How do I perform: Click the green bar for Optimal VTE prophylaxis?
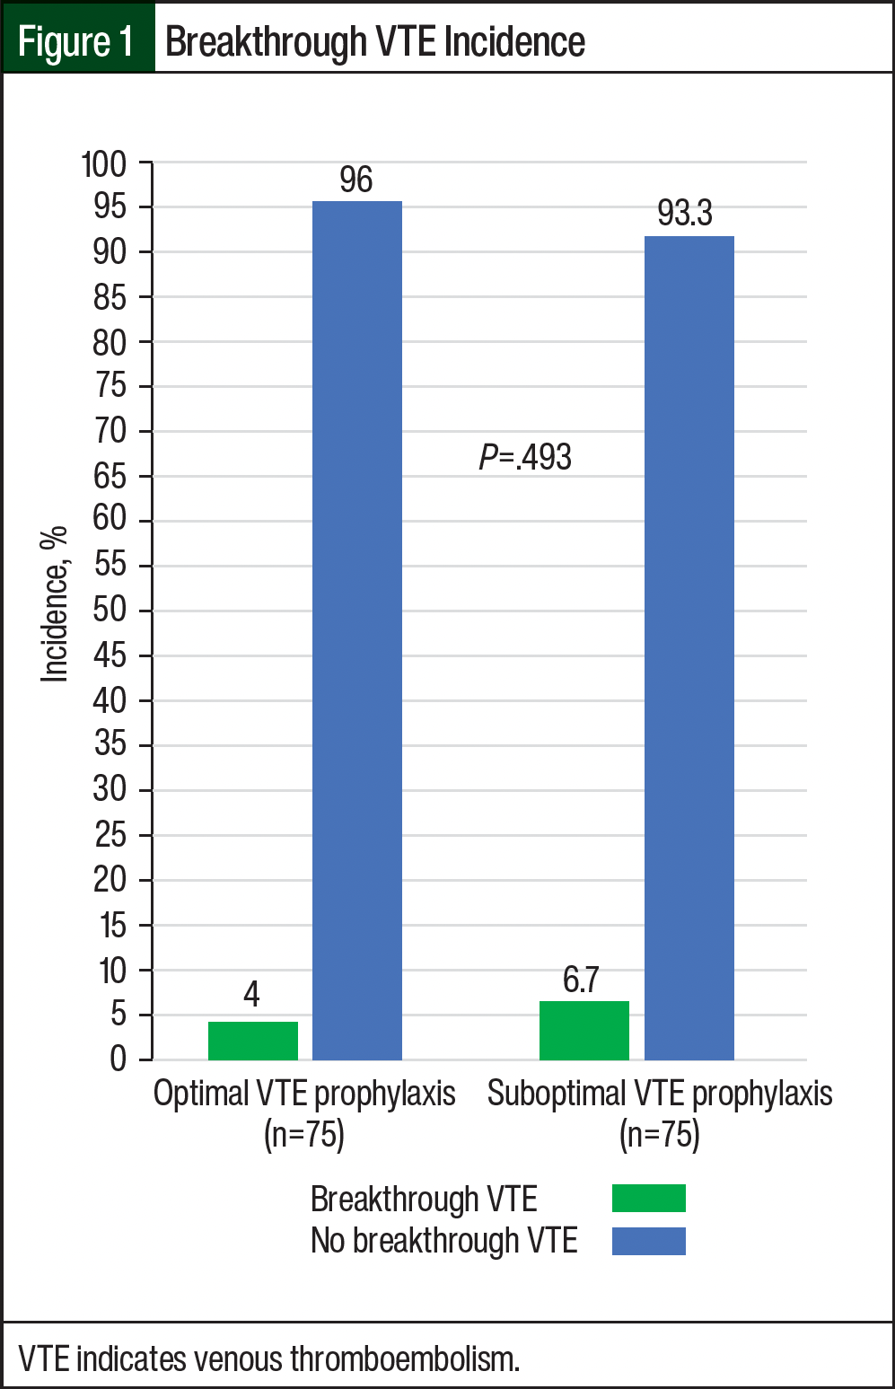point(253,1041)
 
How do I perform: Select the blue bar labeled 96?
point(357,629)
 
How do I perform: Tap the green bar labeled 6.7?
point(584,1030)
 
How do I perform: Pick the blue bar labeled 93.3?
point(689,646)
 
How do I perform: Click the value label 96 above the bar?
point(356,180)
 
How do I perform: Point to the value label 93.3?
point(685,214)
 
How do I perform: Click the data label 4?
point(251,995)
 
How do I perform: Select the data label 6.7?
point(581,980)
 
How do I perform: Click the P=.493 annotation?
point(525,458)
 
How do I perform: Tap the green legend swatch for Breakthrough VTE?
point(648,1199)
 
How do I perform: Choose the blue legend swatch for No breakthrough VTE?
point(648,1241)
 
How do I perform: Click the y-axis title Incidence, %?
point(54,604)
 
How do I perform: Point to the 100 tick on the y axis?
point(104,165)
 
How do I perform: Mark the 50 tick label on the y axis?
point(110,611)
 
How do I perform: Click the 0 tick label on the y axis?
point(118,1059)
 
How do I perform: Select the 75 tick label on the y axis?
point(110,386)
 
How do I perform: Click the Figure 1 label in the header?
point(76,41)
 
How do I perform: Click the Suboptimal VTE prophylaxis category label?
point(660,1094)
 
